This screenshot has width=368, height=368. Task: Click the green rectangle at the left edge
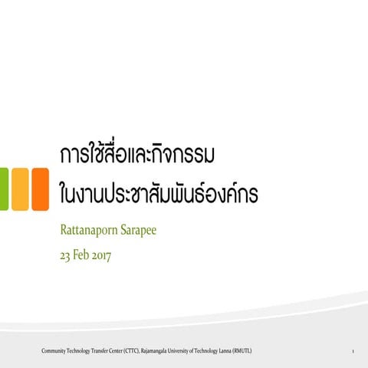pyautogui.click(x=3, y=189)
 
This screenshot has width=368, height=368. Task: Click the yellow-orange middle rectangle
pyautogui.click(x=19, y=189)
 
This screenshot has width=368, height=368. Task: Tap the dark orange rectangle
pyautogui.click(x=40, y=189)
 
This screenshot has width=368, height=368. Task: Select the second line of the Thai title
pyautogui.click(x=158, y=192)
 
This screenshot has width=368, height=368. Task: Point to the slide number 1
pyautogui.click(x=351, y=351)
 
